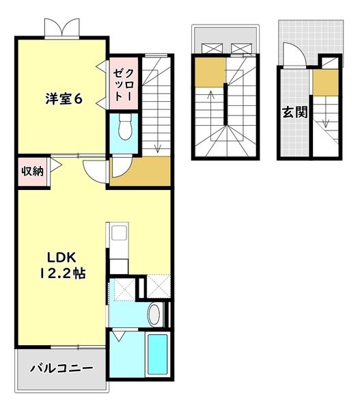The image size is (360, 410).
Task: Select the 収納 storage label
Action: pyautogui.click(x=31, y=170)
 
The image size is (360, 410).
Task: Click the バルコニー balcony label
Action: pyautogui.click(x=61, y=369)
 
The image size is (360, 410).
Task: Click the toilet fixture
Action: pyautogui.click(x=124, y=128)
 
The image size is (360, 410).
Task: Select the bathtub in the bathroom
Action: pyautogui.click(x=158, y=355)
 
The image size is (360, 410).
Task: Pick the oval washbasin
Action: pyautogui.click(x=154, y=316)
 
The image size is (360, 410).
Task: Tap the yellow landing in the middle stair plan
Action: pyautogui.click(x=209, y=72)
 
